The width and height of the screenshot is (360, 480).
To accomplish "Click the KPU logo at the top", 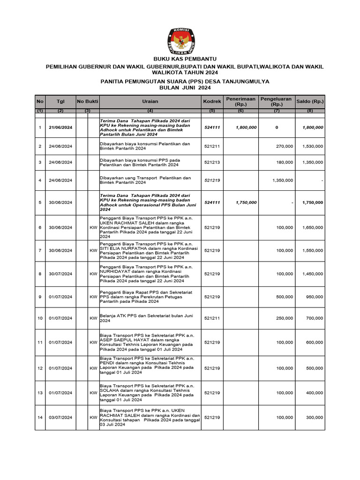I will [180, 41].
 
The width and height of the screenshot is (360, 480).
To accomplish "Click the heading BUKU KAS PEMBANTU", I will [180, 59].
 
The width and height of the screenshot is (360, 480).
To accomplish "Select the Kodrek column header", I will [212, 101].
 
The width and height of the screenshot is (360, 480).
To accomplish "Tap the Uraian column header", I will [150, 101].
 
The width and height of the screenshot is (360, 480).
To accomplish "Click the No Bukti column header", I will [87, 101].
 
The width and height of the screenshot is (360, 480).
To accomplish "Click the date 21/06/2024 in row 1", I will [60, 127].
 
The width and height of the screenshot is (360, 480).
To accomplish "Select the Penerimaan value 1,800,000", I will [246, 127].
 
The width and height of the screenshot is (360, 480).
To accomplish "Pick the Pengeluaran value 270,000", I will [285, 146].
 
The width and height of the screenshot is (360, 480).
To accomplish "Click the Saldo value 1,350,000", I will [312, 163].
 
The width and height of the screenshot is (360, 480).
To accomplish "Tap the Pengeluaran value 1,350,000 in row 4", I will [283, 180].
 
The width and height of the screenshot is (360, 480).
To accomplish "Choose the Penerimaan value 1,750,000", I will [246, 202].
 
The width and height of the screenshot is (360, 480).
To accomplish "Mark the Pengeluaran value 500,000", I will [285, 297].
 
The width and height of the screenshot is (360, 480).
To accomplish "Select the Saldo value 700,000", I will [314, 318].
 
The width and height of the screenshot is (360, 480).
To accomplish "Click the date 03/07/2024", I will [60, 417].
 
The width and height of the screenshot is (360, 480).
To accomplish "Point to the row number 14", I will [40, 417].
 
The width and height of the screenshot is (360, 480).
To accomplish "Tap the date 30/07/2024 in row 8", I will [60, 274].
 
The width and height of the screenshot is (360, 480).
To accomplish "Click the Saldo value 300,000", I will [314, 417].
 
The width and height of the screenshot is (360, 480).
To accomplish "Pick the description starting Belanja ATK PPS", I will [150, 318].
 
